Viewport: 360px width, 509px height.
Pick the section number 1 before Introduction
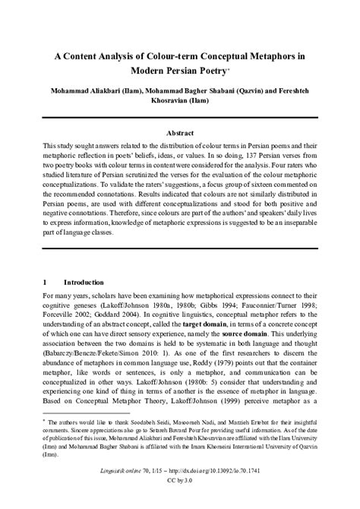coord(46,280)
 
